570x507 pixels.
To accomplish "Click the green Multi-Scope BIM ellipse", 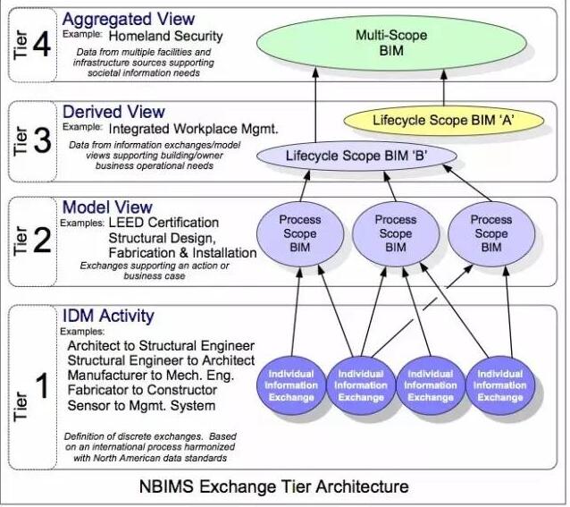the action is pos(391,43).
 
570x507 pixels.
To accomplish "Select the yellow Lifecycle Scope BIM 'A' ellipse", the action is pos(443,121).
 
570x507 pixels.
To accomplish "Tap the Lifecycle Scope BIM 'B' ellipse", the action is pos(356,156).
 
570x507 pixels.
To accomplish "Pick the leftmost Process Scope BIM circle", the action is pos(300,234).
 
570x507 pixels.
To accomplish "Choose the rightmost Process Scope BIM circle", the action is pos(491,234).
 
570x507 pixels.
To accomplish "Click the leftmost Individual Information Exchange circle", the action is pos(291,385).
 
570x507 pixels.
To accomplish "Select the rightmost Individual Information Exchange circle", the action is pos(500,385).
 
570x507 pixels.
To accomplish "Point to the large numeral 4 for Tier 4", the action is pos(42,45).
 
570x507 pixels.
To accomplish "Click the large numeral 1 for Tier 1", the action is pos(42,385).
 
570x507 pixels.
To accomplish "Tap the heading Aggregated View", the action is pos(129,19).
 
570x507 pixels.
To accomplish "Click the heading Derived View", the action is pos(113,112).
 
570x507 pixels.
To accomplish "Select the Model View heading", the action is pos(107,207).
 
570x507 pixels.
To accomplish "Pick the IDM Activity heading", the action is pos(108,316).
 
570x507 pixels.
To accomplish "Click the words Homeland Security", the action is pos(166,36).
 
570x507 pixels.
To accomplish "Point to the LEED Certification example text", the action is pos(163,223).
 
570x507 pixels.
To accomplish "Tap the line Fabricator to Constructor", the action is pos(142,390).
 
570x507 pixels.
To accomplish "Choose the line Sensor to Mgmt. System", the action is pos(141,405).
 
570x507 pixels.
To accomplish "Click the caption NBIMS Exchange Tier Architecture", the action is pos(274,486).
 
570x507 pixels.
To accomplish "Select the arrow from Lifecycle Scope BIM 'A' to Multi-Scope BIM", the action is pos(444,88).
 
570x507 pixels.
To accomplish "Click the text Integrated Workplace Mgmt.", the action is pos(193,129).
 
